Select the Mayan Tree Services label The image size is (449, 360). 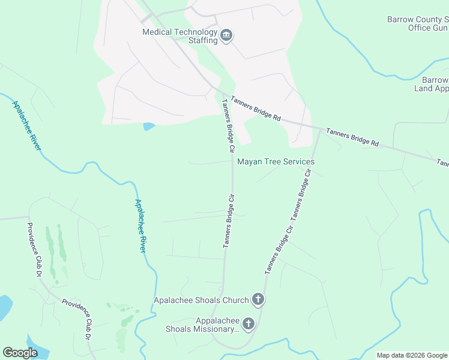276,162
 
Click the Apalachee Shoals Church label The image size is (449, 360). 201,300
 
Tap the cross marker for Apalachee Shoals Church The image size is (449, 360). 258,299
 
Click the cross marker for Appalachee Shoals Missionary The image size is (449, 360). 247,325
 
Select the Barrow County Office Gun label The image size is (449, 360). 418,23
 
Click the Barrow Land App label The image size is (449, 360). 432,84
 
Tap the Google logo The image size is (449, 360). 20,353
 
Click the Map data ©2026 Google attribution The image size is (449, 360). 411,355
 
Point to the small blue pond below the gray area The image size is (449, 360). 148,127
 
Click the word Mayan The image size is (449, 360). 250,162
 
